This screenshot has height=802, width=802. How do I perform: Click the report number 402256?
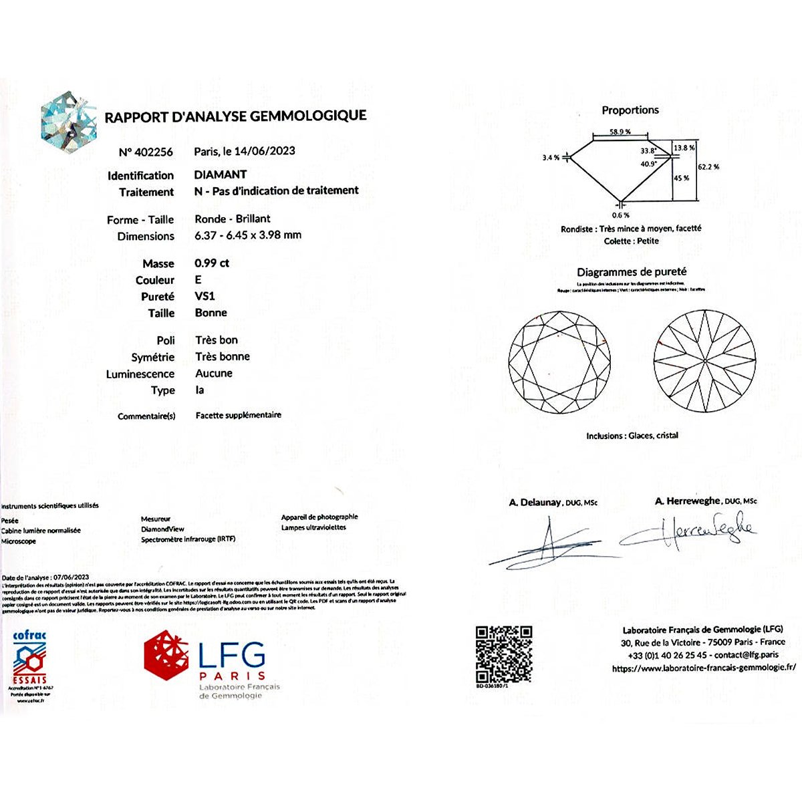pyautogui.click(x=154, y=152)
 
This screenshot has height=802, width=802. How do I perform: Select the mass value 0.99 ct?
pyautogui.click(x=212, y=263)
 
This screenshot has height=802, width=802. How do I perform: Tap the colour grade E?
pyautogui.click(x=198, y=280)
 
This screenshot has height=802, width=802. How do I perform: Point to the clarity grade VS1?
pyautogui.click(x=205, y=296)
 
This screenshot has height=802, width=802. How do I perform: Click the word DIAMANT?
pyautogui.click(x=221, y=174)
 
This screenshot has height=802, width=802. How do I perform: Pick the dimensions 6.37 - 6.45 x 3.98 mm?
pyautogui.click(x=248, y=235)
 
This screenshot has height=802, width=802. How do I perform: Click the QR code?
pyautogui.click(x=504, y=654)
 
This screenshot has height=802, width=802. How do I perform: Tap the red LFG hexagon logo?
pyautogui.click(x=166, y=655)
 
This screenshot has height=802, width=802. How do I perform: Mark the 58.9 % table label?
pyautogui.click(x=620, y=132)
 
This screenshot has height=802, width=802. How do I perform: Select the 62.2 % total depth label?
pyautogui.click(x=708, y=167)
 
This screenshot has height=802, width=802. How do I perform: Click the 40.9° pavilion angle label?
pyautogui.click(x=648, y=164)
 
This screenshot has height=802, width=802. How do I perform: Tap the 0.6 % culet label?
pyautogui.click(x=620, y=215)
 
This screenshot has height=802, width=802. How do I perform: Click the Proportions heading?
pyautogui.click(x=630, y=110)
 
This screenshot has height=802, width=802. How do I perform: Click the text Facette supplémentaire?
pyautogui.click(x=239, y=415)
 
